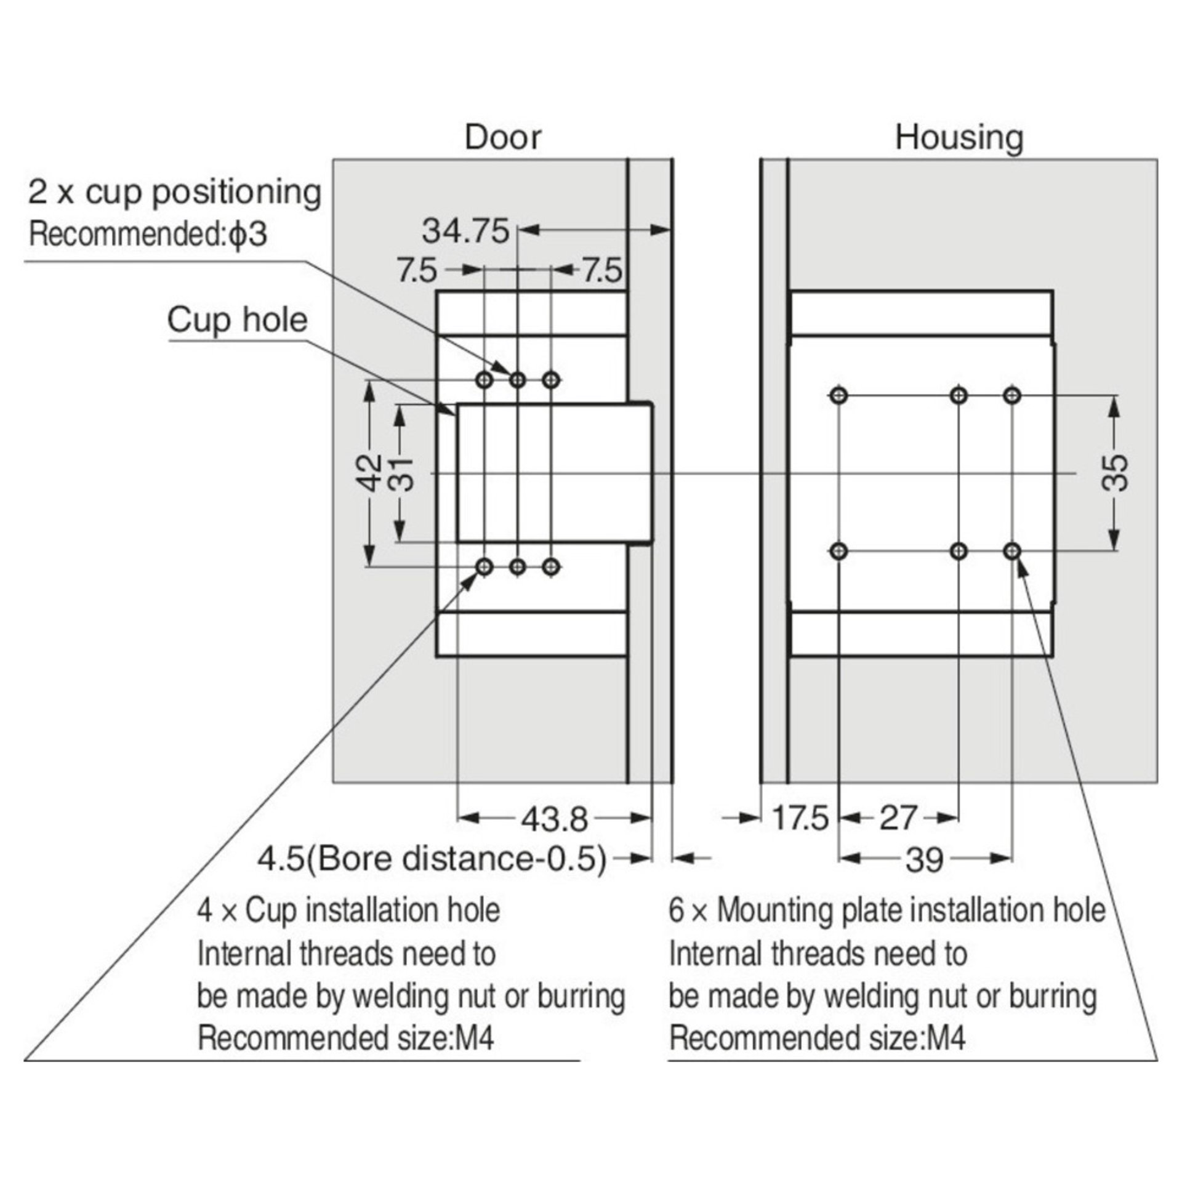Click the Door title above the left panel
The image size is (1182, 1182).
coord(503,137)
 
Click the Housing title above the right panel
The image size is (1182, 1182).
coord(959,137)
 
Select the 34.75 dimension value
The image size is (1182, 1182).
coord(466,231)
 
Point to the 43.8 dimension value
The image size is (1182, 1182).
coord(555,819)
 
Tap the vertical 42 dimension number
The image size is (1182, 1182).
coord(370,473)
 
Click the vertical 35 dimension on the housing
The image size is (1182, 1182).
coord(1115,473)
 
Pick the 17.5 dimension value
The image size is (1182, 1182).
coord(800,819)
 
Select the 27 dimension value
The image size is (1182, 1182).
coord(898,819)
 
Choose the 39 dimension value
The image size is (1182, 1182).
coord(925,859)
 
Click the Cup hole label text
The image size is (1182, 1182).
coord(237,320)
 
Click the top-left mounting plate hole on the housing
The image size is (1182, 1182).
coord(838,395)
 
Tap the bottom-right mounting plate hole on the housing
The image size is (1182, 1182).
coord(1011,551)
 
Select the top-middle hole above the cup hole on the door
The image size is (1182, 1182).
coord(518,380)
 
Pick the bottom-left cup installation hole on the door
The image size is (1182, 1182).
coord(485,566)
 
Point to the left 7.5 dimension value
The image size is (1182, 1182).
coord(417,270)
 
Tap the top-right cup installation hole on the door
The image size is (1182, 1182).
coord(552,380)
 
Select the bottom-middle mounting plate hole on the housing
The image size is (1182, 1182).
coord(959,551)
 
